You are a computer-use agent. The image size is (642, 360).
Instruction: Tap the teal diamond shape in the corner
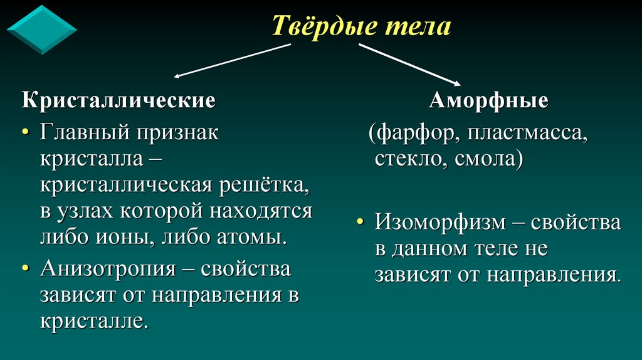coord(41,29)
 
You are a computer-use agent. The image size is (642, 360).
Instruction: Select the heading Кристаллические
coord(119,100)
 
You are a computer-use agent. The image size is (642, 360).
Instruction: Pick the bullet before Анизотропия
coord(26,269)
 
